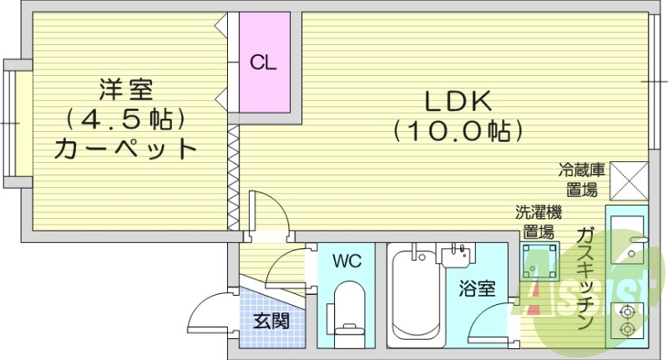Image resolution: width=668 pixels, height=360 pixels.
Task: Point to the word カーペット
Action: (125, 150)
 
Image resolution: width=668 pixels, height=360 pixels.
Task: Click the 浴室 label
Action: (478, 290)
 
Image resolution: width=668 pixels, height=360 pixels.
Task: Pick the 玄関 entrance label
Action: (271, 320)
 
